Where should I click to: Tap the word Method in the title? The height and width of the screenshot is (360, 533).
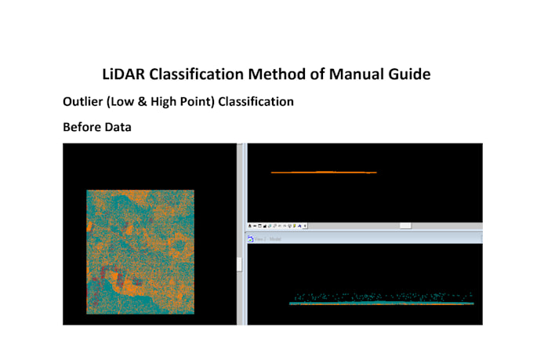[275, 75]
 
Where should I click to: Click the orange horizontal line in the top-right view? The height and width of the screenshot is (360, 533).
[323, 173]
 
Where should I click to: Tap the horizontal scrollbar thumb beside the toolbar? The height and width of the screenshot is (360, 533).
[405, 225]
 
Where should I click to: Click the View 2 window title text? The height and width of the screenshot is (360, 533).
[268, 238]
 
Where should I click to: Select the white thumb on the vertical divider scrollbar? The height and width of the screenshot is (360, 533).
[240, 264]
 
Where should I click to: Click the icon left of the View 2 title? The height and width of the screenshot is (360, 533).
[251, 238]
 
